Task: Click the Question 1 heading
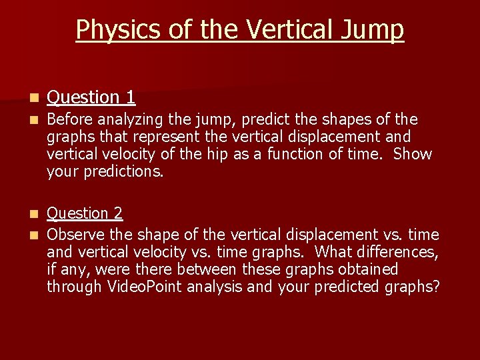(91, 97)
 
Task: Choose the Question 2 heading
(85, 213)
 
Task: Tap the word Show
(413, 155)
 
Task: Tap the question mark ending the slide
(436, 287)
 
